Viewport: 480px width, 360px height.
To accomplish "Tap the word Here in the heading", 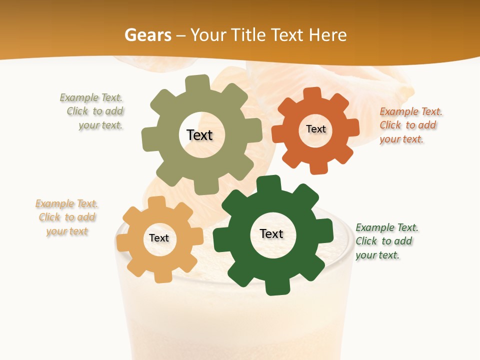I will click(327, 35).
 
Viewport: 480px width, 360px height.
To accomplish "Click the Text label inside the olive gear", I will click(199, 135).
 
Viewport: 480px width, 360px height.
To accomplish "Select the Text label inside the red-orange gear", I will click(315, 129).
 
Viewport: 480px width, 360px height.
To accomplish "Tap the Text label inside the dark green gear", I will click(271, 233).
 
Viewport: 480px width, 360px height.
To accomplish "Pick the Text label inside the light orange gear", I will click(159, 238).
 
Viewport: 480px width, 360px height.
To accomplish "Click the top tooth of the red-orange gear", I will click(312, 93).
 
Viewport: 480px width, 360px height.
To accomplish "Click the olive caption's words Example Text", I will click(91, 97).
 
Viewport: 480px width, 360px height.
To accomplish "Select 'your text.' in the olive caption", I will click(100, 125).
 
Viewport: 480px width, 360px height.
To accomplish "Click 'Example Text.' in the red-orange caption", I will click(411, 111).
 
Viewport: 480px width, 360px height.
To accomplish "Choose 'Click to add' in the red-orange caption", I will click(408, 125).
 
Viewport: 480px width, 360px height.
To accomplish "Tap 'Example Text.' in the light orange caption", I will click(66, 203).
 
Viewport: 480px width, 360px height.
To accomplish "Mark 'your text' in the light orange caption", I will click(67, 231).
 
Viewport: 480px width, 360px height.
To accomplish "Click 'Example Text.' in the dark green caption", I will click(387, 227).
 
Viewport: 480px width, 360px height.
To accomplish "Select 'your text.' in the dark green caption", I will click(377, 255).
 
